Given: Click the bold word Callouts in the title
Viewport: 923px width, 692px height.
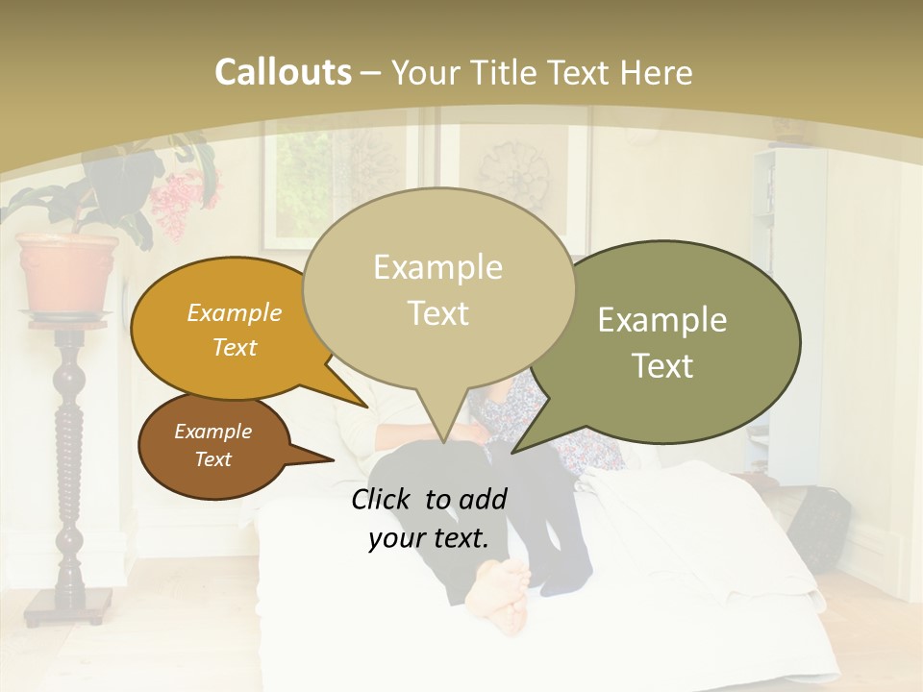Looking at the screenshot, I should click(x=283, y=73).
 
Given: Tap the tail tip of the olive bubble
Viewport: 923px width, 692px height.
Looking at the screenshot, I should click(x=512, y=452).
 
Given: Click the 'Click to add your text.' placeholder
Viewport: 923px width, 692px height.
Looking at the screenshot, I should click(x=429, y=518).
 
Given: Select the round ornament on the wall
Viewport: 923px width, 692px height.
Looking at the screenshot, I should click(x=514, y=173).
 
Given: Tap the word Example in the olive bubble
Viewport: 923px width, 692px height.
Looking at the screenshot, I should click(x=661, y=319).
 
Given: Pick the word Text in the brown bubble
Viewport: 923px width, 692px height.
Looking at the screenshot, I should click(x=213, y=459).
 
